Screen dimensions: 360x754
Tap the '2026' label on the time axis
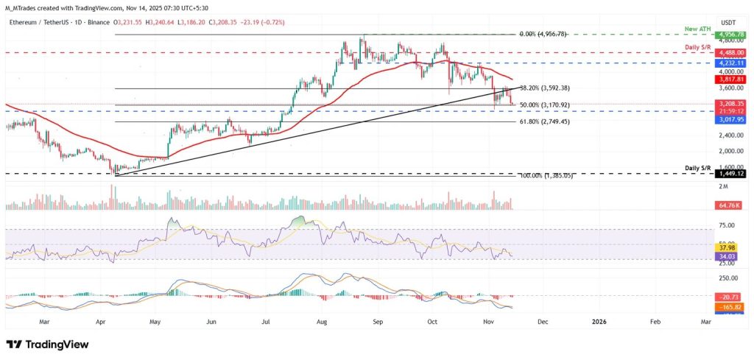(x=599, y=322)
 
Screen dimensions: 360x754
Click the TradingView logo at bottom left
(x=47, y=345)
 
